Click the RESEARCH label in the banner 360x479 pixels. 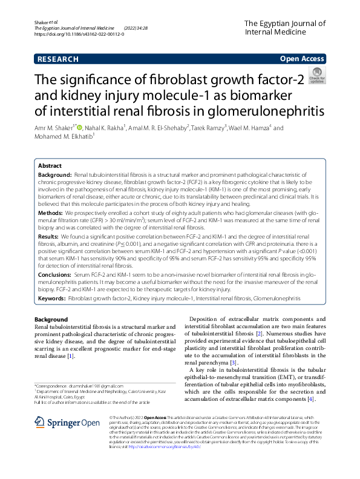57,59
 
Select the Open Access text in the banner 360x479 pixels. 303,59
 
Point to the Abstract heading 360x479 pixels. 50,165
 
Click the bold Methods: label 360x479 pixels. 51,213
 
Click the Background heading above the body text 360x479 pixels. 51,319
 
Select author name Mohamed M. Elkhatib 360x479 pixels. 63,137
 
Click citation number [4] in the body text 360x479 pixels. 310,400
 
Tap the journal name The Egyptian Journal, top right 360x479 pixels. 285,23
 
